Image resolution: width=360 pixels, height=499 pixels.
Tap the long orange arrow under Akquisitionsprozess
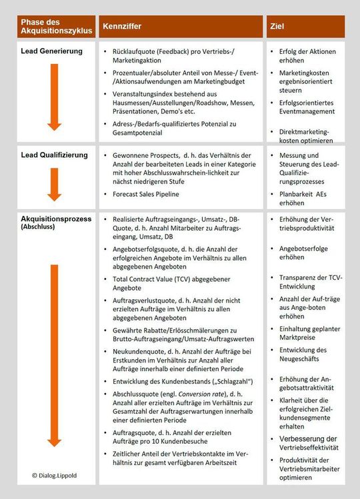[x=55, y=353]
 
